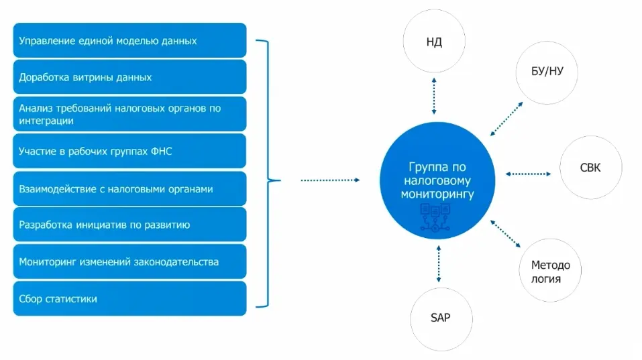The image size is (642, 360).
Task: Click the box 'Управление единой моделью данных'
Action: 129,41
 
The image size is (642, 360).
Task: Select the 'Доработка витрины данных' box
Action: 129,77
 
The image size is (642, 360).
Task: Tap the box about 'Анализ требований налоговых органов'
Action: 129,114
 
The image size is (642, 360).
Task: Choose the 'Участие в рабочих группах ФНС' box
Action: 129,152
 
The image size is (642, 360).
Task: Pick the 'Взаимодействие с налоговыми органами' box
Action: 129,188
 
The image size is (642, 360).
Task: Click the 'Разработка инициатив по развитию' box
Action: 129,225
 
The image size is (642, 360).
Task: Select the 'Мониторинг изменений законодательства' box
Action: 129,261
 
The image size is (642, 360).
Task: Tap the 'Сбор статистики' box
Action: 129,298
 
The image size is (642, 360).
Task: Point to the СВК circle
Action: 590,168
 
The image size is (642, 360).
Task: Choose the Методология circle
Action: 550,271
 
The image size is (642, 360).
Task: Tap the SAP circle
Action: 439,318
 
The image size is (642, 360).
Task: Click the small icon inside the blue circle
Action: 434,219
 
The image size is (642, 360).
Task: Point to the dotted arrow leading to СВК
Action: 527,174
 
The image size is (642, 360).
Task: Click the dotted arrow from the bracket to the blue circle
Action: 330,180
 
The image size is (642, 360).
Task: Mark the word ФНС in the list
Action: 162,152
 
